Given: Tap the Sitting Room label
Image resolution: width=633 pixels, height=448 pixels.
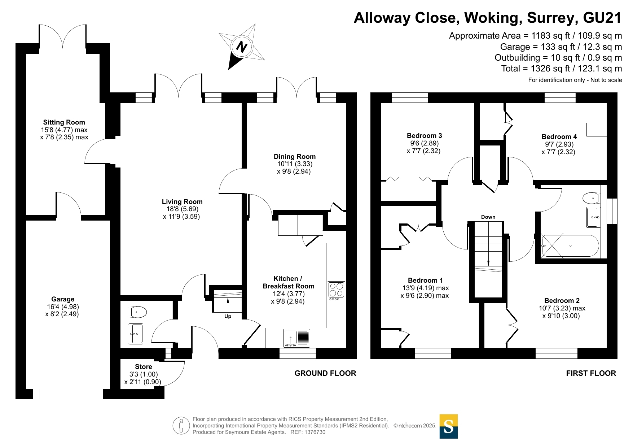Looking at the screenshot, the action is point(64,122).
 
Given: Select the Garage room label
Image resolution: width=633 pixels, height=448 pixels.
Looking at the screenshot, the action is point(63,299).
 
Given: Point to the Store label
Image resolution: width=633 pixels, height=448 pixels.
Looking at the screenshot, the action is point(144,367).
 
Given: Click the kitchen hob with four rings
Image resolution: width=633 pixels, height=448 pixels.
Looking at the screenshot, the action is point(337,291).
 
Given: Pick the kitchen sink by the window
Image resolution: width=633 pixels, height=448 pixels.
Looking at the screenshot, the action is point(296,338).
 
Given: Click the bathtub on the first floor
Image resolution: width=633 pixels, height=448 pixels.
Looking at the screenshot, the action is point(570,246).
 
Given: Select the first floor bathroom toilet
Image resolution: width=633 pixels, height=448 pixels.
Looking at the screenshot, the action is point(591,198).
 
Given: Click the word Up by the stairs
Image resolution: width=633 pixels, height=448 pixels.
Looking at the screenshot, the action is point(228,316).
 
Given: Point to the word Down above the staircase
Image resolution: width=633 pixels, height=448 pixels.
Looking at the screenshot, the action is point(488,217).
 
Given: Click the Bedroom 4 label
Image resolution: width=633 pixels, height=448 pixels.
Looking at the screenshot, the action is point(559,136).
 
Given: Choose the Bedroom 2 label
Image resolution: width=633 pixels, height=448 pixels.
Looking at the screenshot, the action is point(562,301).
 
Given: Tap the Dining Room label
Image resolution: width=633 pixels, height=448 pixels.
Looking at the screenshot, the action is point(295,156).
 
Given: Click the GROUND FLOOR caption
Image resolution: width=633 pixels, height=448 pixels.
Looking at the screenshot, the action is point(325,373).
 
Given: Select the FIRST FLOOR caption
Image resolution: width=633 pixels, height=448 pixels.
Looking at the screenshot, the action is point(591,373).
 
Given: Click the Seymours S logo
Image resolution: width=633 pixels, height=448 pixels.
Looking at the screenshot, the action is point(449,426).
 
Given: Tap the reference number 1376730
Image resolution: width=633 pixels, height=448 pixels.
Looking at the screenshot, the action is point(315,432).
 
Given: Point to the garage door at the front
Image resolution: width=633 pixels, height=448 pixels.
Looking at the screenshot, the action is point(68,394).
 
